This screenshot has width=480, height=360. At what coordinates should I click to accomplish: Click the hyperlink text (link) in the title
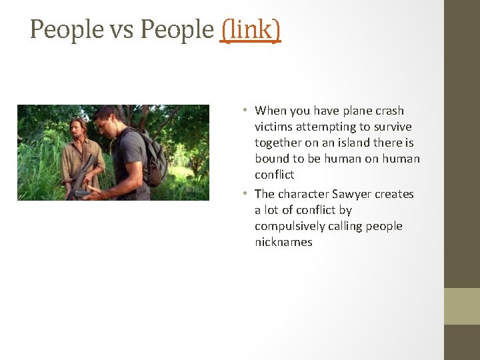(x=250, y=29)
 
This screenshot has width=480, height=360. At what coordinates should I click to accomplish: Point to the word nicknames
(x=283, y=242)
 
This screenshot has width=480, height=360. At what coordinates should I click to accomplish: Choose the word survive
(x=393, y=127)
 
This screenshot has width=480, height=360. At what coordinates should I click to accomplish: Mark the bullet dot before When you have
(x=245, y=110)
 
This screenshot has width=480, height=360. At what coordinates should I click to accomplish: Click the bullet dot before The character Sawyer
(x=245, y=193)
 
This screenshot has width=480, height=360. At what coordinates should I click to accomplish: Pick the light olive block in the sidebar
(x=462, y=306)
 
